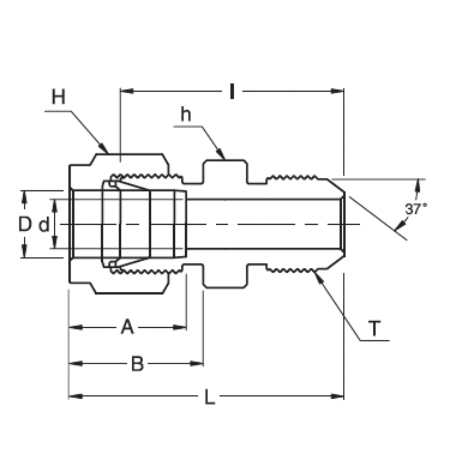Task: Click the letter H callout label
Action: click(x=58, y=98)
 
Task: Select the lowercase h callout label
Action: click(x=186, y=114)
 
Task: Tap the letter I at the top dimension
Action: click(x=232, y=91)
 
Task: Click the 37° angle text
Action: click(x=416, y=209)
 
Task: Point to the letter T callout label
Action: click(x=374, y=328)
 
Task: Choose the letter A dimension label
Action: click(x=127, y=327)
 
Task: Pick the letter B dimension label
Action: click(x=137, y=364)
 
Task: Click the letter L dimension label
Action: click(x=209, y=397)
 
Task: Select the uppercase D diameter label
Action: click(x=25, y=224)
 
